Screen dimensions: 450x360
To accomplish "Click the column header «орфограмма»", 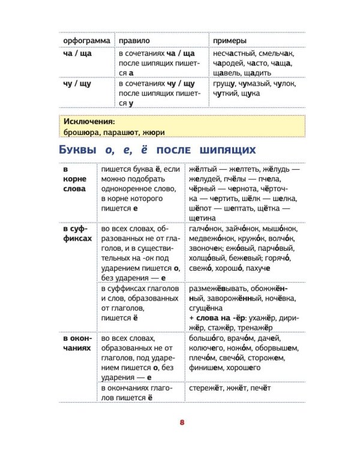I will click(86, 40).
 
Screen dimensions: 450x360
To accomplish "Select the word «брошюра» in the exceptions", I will click(80, 132).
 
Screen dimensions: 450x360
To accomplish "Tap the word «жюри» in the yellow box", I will click(154, 132).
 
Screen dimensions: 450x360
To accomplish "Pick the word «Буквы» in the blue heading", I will click(81, 149).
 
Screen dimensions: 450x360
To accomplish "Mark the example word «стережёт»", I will click(206, 388).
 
